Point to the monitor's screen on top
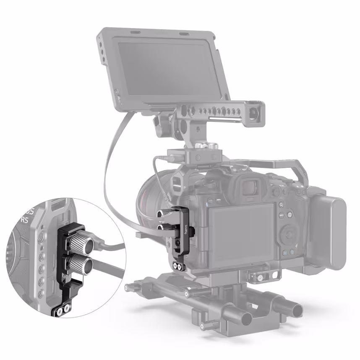pyautogui.click(x=170, y=71)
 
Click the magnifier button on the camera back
pyautogui.click(x=281, y=205)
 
